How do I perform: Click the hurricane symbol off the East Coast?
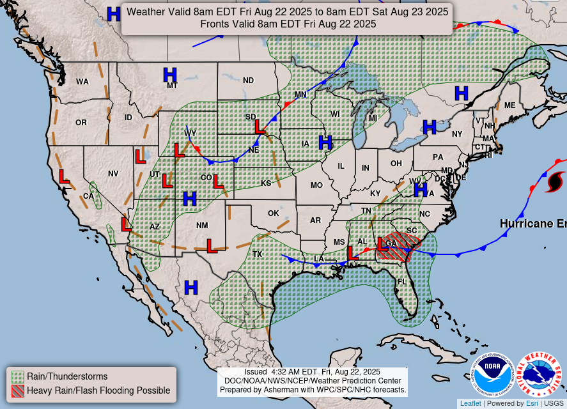[555, 181]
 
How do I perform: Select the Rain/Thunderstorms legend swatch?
[18, 376]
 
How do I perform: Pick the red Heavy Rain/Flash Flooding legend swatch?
[18, 390]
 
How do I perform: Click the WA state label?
[82, 82]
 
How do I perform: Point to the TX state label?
[258, 254]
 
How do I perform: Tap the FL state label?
[402, 282]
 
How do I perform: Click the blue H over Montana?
[170, 75]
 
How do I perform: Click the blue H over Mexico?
[191, 287]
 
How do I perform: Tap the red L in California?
[64, 177]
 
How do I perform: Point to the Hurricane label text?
[532, 224]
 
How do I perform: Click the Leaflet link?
[470, 403]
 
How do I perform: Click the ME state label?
[509, 105]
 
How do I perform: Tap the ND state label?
[248, 81]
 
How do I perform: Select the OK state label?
[274, 213]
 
